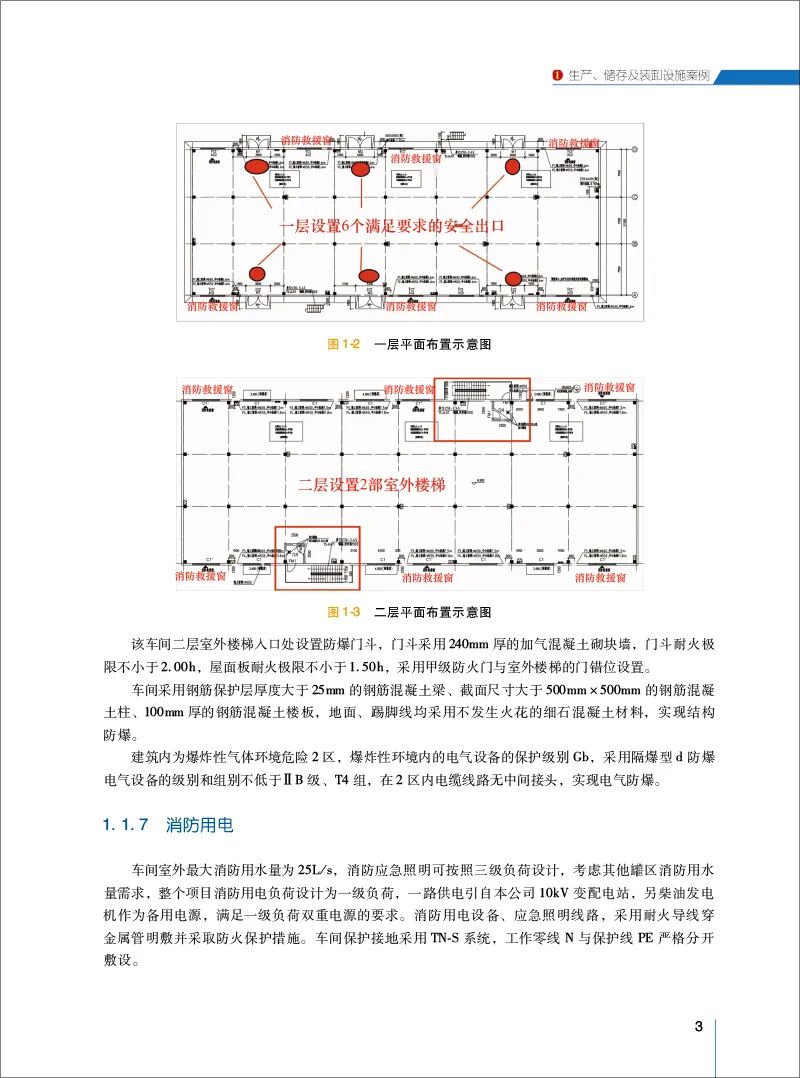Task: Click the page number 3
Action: pos(699,1027)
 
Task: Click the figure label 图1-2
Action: pos(343,344)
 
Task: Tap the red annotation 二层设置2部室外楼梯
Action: pos(371,484)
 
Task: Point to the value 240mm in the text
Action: pos(469,645)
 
